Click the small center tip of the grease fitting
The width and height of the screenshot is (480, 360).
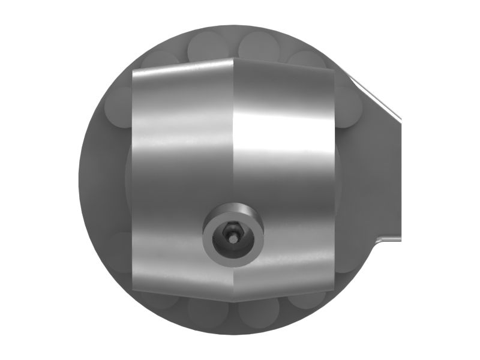tap(232, 238)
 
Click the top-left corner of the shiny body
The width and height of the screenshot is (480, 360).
tap(133, 70)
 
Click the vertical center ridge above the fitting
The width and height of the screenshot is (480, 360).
tap(233, 138)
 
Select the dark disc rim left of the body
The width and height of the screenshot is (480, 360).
tap(99, 180)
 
